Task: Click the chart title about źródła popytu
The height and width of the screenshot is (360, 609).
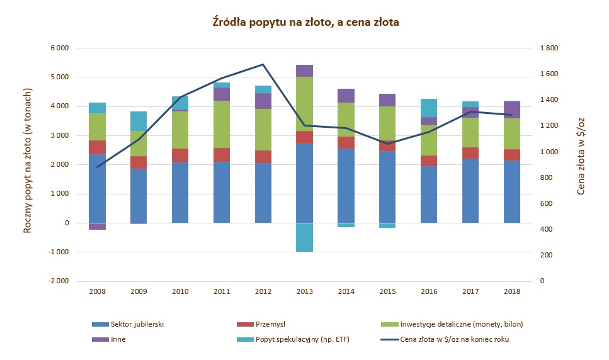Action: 305,22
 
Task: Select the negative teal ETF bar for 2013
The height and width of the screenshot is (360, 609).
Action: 305,237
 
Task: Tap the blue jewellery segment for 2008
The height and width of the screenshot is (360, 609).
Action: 97,188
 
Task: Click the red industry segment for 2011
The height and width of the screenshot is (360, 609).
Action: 221,155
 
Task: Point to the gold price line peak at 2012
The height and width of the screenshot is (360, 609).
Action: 263,65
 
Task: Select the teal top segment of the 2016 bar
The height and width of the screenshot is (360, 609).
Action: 429,108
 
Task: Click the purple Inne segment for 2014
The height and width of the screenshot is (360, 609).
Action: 346,96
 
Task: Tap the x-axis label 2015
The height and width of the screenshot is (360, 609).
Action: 387,291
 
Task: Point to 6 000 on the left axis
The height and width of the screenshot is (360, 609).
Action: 59,48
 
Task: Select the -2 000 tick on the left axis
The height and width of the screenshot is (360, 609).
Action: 58,281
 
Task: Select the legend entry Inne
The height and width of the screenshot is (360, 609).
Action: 118,339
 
